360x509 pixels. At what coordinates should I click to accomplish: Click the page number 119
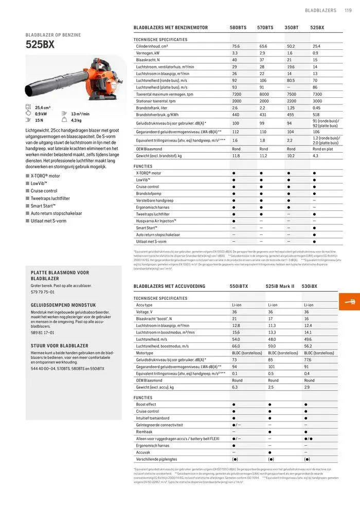pyautogui.click(x=347, y=10)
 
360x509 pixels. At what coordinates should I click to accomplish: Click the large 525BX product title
pyautogui.click(x=40, y=44)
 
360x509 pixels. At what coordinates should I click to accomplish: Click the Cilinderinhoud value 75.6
pyautogui.click(x=236, y=46)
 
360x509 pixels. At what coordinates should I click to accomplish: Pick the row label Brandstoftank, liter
pyautogui.click(x=152, y=107)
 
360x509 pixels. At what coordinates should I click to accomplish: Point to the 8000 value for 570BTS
pyautogui.click(x=264, y=94)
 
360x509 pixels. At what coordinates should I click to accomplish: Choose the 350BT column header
pyautogui.click(x=292, y=27)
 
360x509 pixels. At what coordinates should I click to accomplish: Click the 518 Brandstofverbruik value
pyautogui.click(x=316, y=114)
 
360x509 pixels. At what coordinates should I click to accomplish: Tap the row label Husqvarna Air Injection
pyautogui.click(x=156, y=221)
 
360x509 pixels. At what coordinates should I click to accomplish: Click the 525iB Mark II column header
pyautogui.click(x=280, y=286)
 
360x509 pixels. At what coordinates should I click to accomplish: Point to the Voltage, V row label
pyautogui.click(x=145, y=312)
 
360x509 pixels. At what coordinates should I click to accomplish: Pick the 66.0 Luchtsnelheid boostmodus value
pyautogui.click(x=236, y=346)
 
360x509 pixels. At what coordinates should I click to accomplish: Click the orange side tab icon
pyautogui.click(x=350, y=301)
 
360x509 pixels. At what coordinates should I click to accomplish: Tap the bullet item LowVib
pyautogui.click(x=39, y=183)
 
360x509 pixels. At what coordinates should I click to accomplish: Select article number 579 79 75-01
pyautogui.click(x=43, y=292)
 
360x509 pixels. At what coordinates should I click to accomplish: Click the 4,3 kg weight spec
pyautogui.click(x=76, y=120)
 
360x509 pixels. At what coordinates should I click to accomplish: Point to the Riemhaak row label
pyautogui.click(x=145, y=431)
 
